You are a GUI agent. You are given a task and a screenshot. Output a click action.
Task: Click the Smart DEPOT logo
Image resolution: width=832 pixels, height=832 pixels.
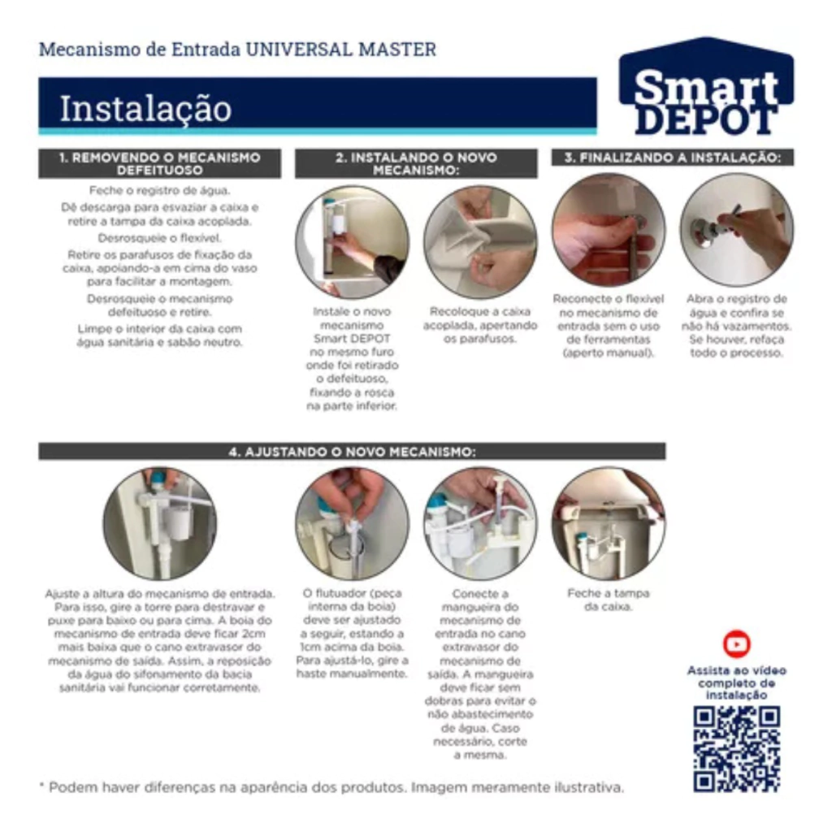point(706,86)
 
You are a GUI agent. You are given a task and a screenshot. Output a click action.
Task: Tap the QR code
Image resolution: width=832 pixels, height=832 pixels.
point(736,749)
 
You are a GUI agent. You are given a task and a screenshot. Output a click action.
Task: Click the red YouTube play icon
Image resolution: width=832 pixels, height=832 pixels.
point(736,644)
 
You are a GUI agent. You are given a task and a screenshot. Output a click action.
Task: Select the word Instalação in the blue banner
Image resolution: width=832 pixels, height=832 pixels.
point(145,109)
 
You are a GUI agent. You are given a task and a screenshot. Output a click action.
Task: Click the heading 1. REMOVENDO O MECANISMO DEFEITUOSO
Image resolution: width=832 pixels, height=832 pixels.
point(160,163)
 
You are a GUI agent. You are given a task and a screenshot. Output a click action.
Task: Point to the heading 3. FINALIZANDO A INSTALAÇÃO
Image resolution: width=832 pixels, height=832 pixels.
point(672,158)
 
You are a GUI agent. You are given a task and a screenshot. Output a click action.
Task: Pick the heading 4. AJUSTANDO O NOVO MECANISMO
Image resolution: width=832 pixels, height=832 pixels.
point(352,452)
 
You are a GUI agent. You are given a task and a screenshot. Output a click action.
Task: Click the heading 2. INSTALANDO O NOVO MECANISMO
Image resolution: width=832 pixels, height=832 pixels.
point(416,163)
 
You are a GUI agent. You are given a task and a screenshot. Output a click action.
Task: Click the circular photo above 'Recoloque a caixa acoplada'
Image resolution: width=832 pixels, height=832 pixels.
point(480,242)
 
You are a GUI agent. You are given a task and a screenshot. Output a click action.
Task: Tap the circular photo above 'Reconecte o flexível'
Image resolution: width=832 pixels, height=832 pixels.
point(609,230)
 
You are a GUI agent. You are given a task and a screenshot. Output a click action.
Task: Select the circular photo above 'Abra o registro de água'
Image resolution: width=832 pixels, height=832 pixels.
point(737,230)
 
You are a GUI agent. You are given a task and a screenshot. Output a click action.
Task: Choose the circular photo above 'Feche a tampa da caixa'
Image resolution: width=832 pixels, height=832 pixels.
point(609,524)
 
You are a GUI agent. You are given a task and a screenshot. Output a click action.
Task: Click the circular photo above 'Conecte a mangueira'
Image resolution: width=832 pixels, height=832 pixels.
point(480,524)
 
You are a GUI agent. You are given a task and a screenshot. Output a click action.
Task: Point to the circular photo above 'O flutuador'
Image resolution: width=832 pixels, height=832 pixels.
point(353,524)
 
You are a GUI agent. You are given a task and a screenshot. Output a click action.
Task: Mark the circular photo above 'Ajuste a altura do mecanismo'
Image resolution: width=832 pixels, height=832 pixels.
point(160,524)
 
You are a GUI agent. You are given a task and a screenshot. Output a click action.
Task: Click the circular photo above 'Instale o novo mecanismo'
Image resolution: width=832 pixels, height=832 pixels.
point(353,242)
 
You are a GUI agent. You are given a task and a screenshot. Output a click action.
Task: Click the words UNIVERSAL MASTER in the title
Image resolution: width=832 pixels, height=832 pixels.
point(340,50)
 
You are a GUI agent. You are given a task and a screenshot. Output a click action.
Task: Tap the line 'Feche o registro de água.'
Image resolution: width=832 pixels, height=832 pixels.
point(160,190)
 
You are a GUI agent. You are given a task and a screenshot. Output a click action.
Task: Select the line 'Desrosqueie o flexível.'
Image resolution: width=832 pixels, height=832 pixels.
point(160,238)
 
